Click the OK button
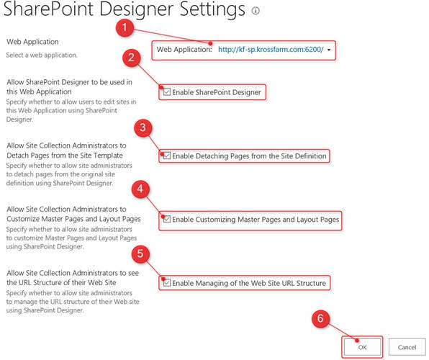click(362, 347)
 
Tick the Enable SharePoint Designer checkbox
click(166, 92)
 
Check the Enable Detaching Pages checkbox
click(166, 156)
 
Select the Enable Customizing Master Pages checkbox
click(166, 220)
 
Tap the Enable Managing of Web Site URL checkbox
click(166, 283)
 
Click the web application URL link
click(271, 50)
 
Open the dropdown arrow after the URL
click(329, 50)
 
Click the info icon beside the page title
click(256, 11)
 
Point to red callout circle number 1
click(125, 27)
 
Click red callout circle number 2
click(131, 58)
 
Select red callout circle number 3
click(143, 127)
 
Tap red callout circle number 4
click(140, 189)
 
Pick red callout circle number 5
click(140, 253)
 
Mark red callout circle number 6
click(320, 318)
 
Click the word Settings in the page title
click(212, 10)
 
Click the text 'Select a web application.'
click(42, 55)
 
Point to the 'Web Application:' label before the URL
click(184, 50)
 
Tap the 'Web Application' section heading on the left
click(32, 42)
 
